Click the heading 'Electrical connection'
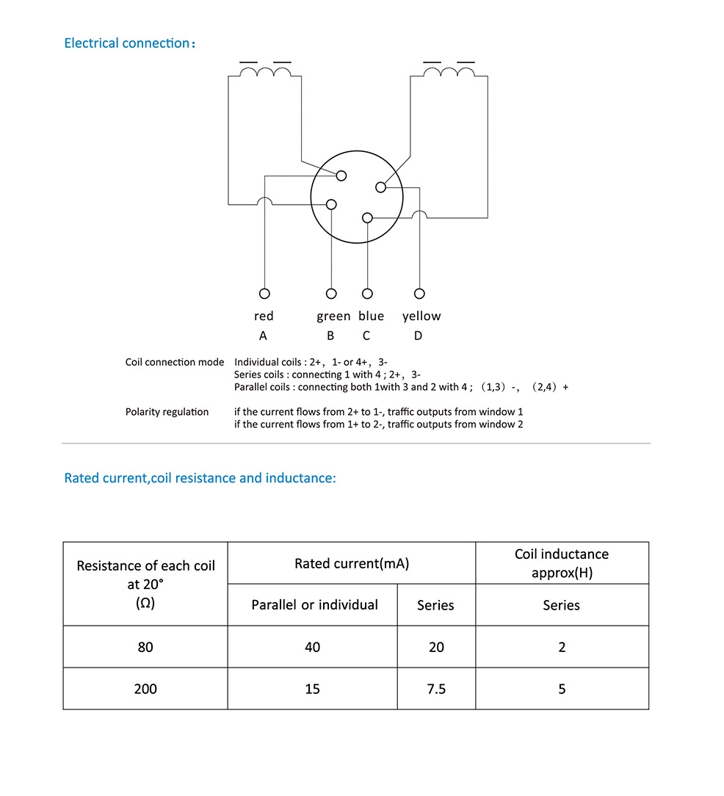(128, 43)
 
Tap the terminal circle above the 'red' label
(264, 294)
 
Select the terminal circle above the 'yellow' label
(419, 294)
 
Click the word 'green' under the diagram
(333, 316)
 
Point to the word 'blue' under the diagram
(371, 316)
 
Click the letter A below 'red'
(263, 336)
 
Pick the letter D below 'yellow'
(418, 336)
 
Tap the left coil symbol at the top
(265, 72)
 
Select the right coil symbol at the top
(449, 72)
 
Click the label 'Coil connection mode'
(175, 362)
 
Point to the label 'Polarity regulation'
(167, 412)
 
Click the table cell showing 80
(145, 647)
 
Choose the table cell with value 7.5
(436, 689)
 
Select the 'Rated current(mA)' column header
(352, 564)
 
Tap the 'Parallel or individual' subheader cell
(314, 605)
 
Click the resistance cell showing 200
(145, 689)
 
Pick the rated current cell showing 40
(313, 647)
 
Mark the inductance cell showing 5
(562, 689)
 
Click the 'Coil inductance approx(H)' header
(562, 563)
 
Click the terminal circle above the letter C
(367, 294)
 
